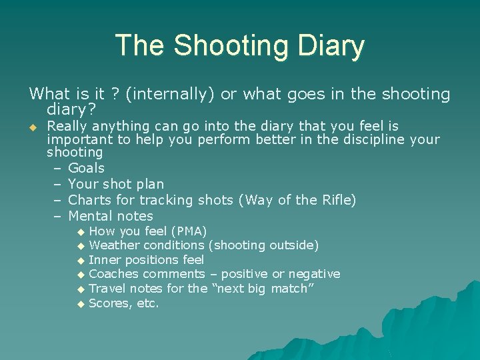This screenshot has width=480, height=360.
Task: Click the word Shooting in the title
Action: click(x=230, y=46)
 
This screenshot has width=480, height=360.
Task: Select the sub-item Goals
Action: click(x=86, y=168)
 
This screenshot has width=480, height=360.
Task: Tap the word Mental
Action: click(x=91, y=216)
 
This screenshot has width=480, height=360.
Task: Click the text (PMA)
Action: click(x=189, y=231)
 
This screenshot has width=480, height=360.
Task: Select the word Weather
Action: click(x=114, y=245)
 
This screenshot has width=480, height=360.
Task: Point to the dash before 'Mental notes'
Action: click(x=57, y=216)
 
